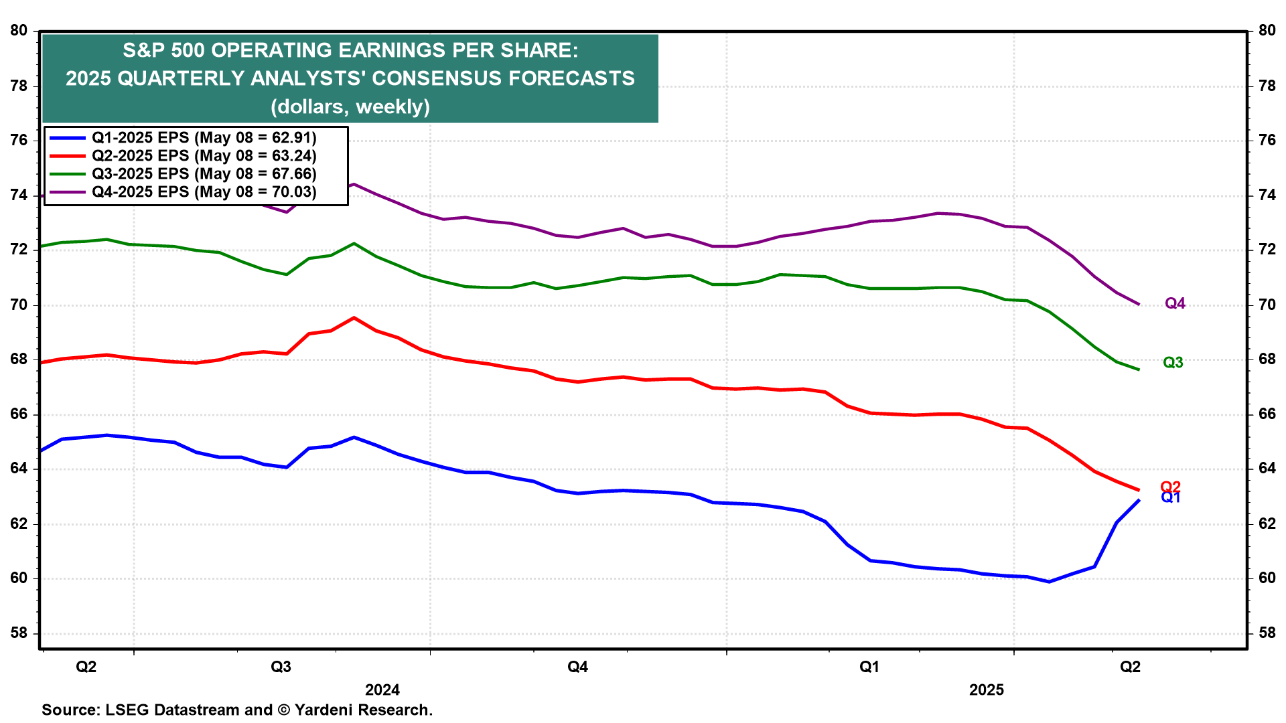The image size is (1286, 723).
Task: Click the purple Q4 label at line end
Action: pos(1175,304)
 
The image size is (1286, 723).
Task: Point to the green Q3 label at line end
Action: pos(1173,363)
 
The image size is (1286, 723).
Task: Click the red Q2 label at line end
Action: pos(1170,487)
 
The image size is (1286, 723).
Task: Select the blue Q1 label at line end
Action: pos(1170,498)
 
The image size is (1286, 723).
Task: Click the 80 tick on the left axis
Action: pos(19,31)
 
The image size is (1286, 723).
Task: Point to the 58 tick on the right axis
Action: pos(1267,633)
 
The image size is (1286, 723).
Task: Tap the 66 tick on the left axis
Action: pos(19,414)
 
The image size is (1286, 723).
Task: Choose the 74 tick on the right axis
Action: pos(1267,195)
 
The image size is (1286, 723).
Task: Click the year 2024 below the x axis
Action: pos(382,690)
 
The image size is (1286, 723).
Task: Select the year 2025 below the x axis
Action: pos(987,690)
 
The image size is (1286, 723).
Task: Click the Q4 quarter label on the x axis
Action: pos(577,667)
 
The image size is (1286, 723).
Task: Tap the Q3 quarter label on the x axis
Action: pos(281,667)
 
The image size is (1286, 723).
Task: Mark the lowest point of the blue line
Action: pos(1049,582)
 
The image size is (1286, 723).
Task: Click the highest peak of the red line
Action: pos(354,318)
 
